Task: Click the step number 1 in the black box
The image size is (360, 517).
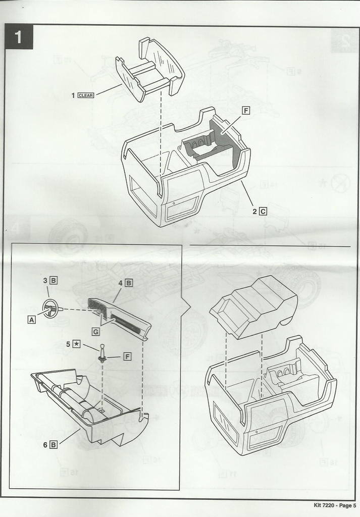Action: tap(18, 37)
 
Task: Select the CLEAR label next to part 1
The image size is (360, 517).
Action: tap(86, 95)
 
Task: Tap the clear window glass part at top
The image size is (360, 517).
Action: tap(150, 71)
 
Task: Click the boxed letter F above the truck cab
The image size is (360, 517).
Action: tap(246, 111)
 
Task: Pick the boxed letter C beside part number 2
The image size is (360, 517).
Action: tap(263, 212)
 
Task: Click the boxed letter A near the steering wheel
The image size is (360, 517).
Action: tap(32, 320)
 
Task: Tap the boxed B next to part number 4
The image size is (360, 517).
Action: tap(129, 283)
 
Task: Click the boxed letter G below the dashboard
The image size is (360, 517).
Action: tap(95, 332)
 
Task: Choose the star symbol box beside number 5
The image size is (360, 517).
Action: tap(77, 344)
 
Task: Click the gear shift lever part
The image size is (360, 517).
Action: tap(101, 353)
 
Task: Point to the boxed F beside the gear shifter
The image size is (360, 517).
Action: tap(127, 356)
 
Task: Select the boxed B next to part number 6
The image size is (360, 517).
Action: tap(53, 444)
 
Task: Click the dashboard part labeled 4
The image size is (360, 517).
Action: tap(119, 318)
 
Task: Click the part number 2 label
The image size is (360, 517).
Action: tap(254, 212)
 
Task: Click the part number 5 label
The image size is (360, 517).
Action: tap(68, 344)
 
